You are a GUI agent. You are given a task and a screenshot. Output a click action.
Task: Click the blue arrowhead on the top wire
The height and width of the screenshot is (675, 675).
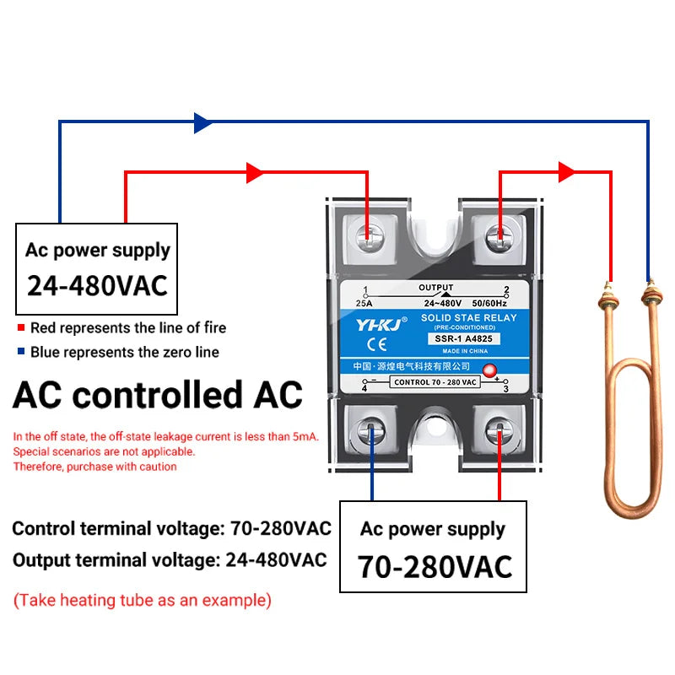pos(202,123)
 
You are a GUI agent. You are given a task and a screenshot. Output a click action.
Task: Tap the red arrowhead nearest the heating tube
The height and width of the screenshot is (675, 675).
pos(566,172)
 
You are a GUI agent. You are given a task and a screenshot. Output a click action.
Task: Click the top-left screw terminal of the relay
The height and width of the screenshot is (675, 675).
pos(370,238)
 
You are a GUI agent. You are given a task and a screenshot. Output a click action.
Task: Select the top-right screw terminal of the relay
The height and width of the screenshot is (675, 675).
pos(499,238)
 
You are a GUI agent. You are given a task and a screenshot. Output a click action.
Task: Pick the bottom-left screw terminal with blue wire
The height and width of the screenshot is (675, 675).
pos(370,430)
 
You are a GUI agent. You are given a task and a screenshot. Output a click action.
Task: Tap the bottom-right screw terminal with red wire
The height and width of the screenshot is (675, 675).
pos(499,430)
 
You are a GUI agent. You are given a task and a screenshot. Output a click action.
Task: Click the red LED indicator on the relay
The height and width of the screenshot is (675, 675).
pos(489,370)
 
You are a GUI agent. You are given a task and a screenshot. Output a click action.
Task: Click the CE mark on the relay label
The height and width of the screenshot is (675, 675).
pos(377,344)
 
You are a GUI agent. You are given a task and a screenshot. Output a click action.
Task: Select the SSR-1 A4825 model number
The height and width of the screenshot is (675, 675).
pos(463,339)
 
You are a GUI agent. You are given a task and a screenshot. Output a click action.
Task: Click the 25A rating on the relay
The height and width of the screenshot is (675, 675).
pos(364,304)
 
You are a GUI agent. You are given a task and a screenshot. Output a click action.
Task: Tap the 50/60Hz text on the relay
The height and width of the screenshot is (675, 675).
pos(489,304)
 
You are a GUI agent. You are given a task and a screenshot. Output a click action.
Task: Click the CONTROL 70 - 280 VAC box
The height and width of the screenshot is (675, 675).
pos(435,382)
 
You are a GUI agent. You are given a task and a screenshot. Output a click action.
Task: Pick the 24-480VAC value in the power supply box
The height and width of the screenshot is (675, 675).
pos(97,286)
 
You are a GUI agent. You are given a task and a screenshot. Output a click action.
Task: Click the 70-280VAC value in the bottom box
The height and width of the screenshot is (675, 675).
pos(435,566)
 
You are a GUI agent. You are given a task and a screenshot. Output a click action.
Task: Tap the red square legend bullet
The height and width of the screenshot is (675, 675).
pos(20,327)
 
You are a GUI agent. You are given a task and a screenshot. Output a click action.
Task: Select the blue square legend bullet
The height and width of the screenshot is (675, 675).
pos(20,351)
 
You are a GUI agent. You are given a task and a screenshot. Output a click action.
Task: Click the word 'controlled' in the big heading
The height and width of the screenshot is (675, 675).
pos(158,394)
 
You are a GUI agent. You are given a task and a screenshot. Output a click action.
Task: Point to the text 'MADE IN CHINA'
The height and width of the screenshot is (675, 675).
pos(465,351)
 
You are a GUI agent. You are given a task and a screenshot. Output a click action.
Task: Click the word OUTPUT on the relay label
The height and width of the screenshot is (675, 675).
pos(436,287)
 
